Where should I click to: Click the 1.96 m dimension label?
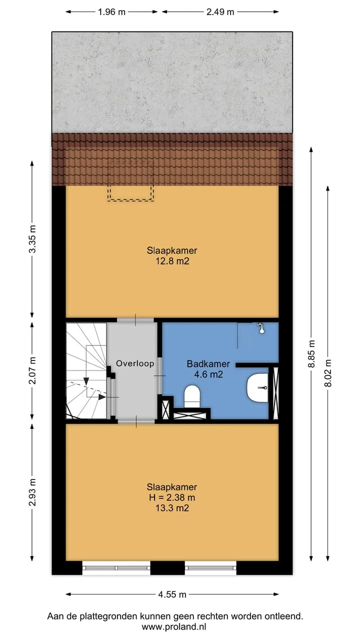coord(111,12)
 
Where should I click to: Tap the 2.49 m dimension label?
coord(220,12)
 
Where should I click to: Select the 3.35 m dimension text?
coord(32,239)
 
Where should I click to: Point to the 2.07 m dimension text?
coord(32,370)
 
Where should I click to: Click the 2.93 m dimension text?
coord(32,492)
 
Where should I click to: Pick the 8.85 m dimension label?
coord(311,353)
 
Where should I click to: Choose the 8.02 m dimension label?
coord(328,373)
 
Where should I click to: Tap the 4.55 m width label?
coord(172,594)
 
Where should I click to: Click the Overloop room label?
coord(135,363)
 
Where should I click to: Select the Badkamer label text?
coord(208,363)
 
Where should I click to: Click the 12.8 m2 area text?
coord(172,261)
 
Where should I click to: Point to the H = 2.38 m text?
coord(172,497)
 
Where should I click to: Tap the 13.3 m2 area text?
coord(172,508)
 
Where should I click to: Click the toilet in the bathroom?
coord(191,396)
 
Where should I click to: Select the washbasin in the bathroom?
coord(257,387)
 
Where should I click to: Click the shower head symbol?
coord(261,328)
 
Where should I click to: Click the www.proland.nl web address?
coord(174,627)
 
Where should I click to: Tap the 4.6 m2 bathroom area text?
coord(208,374)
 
